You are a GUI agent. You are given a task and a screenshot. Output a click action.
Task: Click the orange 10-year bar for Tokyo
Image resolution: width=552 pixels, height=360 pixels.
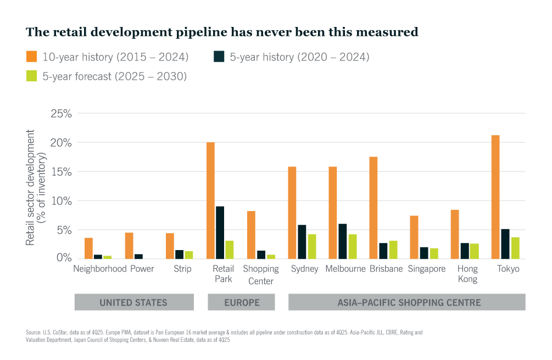pyautogui.click(x=495, y=197)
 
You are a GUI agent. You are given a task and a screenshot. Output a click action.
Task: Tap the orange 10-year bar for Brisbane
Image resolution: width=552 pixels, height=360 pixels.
pyautogui.click(x=373, y=208)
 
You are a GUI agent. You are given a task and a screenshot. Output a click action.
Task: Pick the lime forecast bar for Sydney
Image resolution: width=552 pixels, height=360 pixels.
pyautogui.click(x=311, y=246)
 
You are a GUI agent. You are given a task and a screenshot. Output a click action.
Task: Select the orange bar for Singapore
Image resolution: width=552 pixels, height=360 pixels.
pyautogui.click(x=414, y=237)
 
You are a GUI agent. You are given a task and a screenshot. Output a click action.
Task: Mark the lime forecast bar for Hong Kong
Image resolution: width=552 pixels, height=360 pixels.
pyautogui.click(x=474, y=251)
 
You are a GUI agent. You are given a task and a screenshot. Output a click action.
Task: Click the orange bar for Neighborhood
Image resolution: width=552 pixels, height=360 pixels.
pyautogui.click(x=88, y=248)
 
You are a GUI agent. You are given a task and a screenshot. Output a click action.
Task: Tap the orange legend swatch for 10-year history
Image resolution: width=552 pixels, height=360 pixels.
pyautogui.click(x=31, y=57)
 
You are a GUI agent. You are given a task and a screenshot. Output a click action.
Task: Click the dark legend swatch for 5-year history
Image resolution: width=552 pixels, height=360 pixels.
pyautogui.click(x=219, y=57)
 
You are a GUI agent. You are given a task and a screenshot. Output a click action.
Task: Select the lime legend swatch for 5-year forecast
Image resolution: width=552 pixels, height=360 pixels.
pyautogui.click(x=31, y=76)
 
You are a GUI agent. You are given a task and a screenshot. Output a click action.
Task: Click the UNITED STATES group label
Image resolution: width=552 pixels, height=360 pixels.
pyautogui.click(x=133, y=302)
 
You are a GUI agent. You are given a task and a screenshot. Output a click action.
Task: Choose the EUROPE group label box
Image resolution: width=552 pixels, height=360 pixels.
pyautogui.click(x=241, y=302)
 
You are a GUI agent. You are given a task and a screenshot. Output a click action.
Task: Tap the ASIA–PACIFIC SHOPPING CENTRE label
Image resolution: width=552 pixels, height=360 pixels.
pyautogui.click(x=406, y=302)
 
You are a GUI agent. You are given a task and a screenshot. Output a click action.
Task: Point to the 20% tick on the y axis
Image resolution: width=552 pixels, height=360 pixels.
pyautogui.click(x=63, y=143)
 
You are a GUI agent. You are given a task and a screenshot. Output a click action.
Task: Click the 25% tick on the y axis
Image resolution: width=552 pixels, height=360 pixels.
pyautogui.click(x=63, y=114)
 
